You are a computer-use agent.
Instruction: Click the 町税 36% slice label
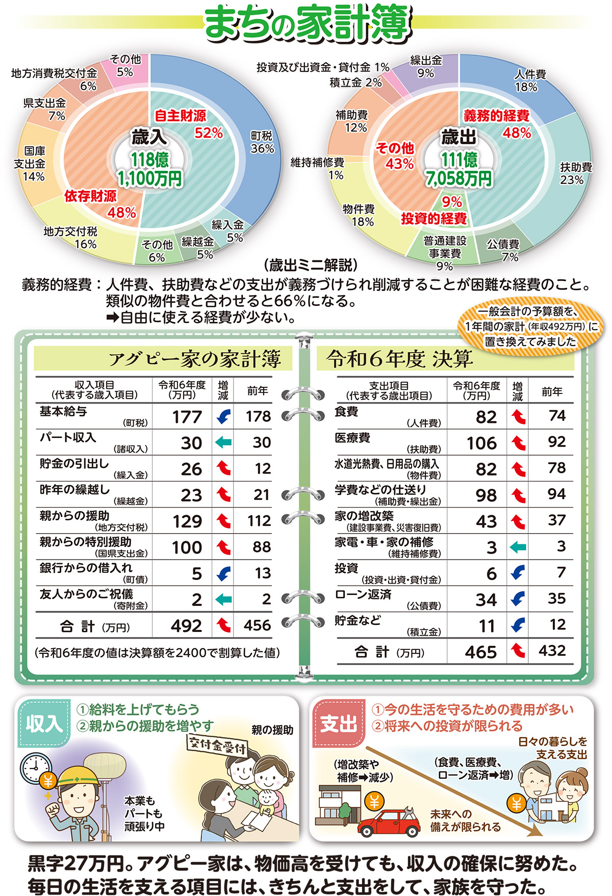coord(262,142)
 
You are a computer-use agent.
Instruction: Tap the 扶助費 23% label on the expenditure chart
coord(575,173)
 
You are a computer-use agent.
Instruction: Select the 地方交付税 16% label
coord(71,238)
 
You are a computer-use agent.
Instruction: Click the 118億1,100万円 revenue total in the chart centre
coord(149,169)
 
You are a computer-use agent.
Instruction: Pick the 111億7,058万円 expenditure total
coord(459,169)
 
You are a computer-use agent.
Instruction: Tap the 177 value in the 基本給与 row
coord(187,417)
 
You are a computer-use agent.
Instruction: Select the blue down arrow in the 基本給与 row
coord(223,417)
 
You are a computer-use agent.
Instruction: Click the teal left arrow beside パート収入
coord(223,443)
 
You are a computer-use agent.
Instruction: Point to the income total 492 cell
coord(186,626)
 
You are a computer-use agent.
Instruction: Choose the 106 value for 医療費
coord(481,443)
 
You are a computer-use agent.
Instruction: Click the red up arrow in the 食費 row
coord(518,417)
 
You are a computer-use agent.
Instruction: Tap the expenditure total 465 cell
coord(480,652)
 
